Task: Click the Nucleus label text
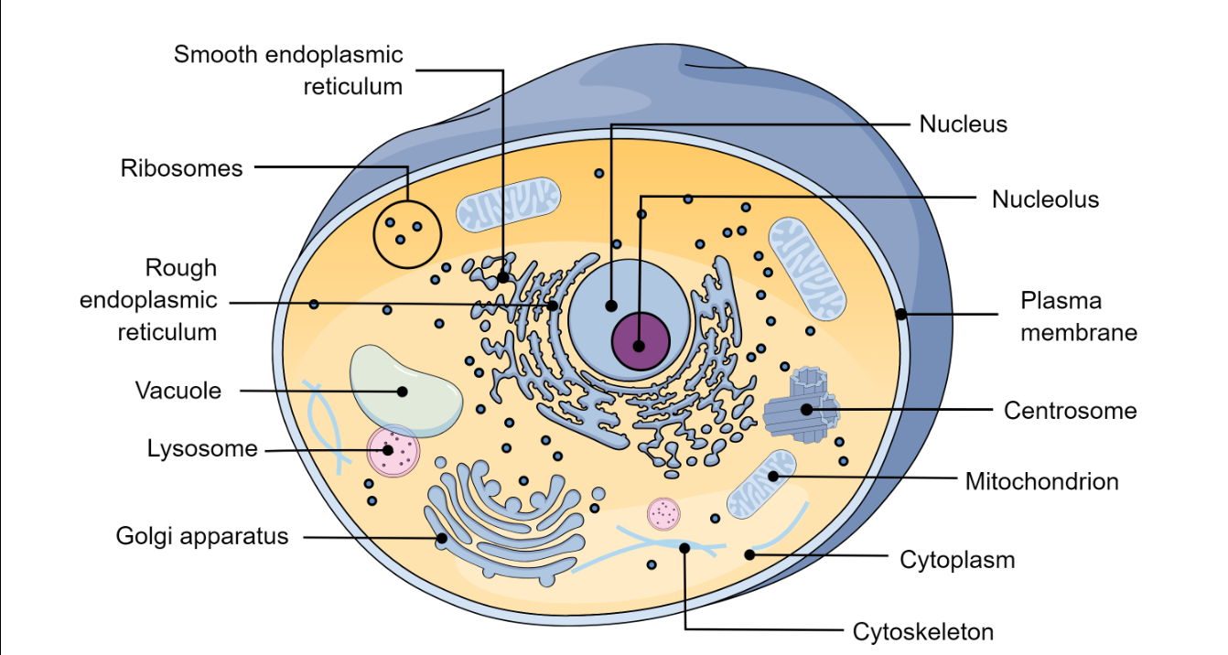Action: point(964,124)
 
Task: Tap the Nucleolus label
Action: point(1045,199)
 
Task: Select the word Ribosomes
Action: point(181,168)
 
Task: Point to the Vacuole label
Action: point(178,391)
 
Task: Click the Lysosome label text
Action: point(202,449)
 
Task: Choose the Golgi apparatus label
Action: point(201,536)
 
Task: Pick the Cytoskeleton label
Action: point(923,632)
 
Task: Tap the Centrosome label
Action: point(1070,411)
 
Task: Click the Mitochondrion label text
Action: point(1041,482)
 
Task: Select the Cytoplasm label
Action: point(957,560)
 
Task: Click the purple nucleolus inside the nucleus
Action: point(641,341)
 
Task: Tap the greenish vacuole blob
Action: point(405,391)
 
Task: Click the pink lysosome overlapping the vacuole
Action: point(393,451)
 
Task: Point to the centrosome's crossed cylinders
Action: point(802,405)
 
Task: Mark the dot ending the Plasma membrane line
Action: point(901,314)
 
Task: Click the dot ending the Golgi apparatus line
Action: point(442,538)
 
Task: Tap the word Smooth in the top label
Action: point(215,55)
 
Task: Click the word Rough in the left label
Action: point(181,269)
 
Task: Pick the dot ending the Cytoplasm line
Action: point(749,554)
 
